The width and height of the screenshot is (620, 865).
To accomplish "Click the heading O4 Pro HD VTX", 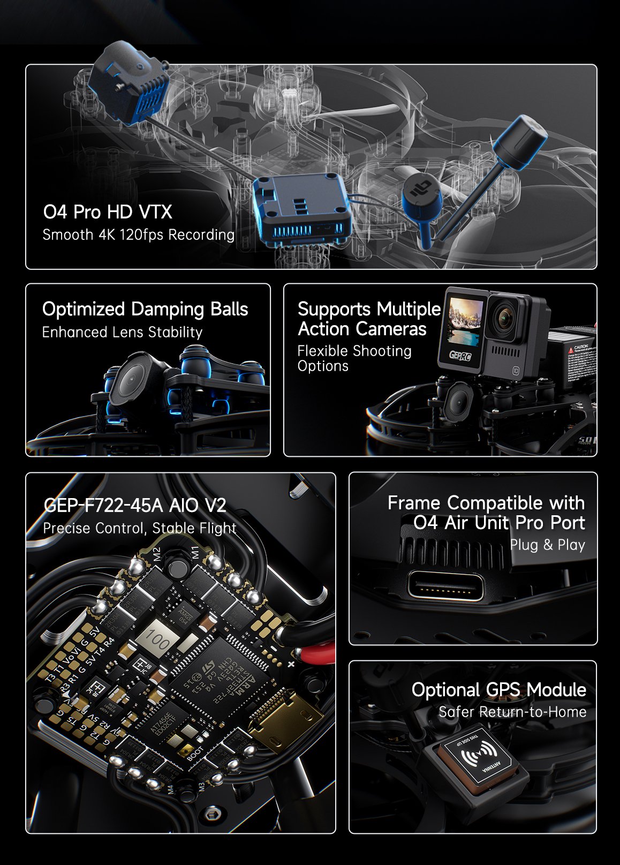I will tap(108, 212).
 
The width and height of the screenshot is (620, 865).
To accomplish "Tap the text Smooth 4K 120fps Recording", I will tap(138, 235).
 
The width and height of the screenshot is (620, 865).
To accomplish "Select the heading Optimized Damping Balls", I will tap(145, 309).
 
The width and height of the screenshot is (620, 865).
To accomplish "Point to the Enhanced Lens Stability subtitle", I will tap(122, 332).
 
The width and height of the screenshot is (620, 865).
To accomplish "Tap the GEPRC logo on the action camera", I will tap(460, 355).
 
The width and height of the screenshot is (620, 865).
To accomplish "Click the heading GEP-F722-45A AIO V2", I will tap(134, 505).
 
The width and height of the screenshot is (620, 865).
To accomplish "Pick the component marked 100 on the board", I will tap(157, 640).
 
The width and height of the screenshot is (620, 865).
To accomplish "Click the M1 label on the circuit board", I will tap(195, 551).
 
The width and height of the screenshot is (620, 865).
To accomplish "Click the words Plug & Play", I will tap(547, 545).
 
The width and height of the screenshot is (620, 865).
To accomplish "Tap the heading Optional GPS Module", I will tap(498, 689).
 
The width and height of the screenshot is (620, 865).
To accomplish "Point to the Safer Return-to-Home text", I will tap(512, 712).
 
